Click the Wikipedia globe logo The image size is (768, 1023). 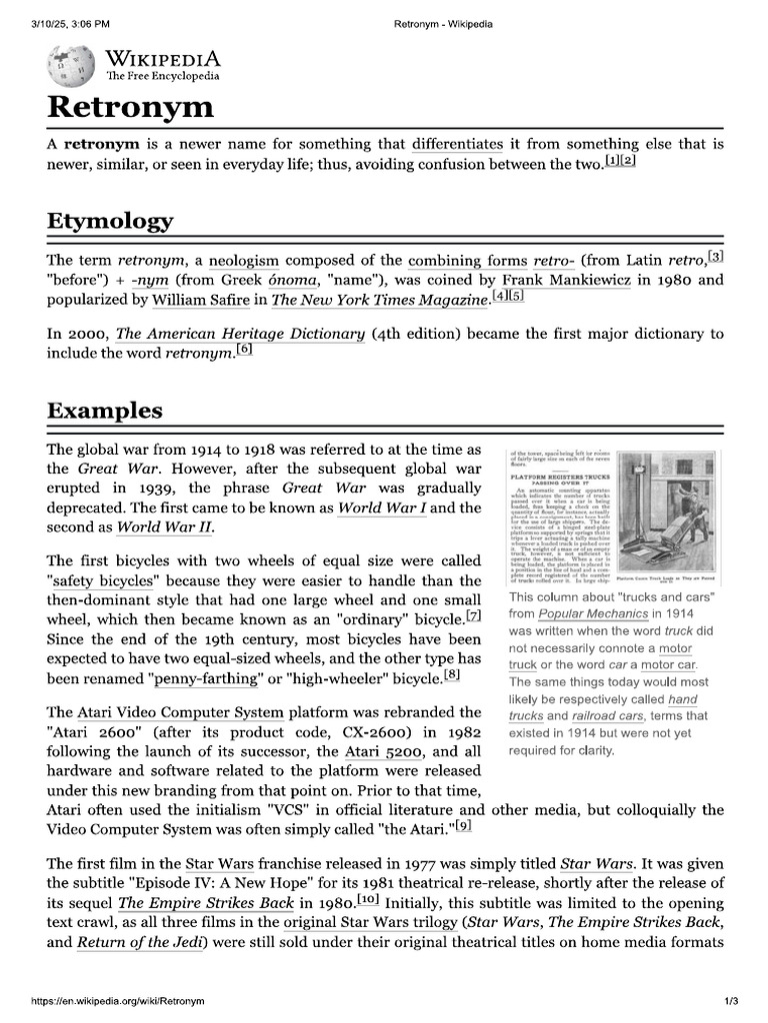[69, 65]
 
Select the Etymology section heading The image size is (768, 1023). [110, 221]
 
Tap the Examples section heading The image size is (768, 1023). [105, 411]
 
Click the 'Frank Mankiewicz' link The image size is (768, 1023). [566, 281]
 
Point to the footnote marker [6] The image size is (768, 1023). [244, 350]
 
